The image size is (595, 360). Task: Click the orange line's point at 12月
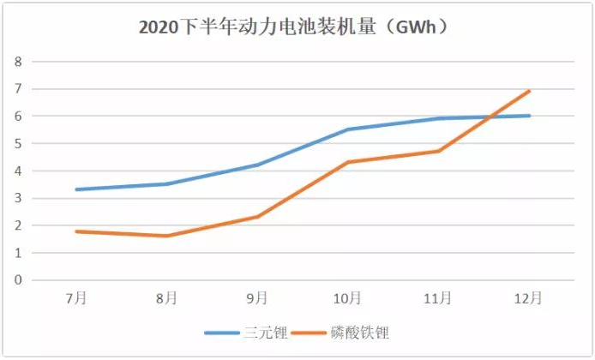point(529,91)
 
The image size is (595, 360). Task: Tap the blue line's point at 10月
point(348,129)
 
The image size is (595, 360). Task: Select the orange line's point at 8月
point(167,236)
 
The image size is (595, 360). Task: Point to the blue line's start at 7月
point(77,189)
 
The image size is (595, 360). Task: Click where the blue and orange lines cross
point(490,117)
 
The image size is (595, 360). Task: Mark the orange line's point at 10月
point(348,162)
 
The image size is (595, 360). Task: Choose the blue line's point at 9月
point(257,165)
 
